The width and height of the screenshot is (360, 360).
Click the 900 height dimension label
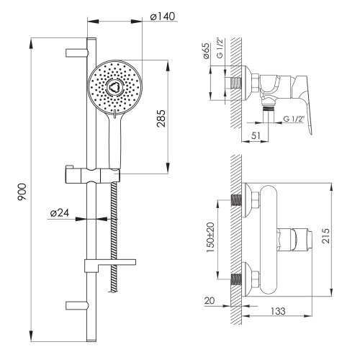click(22, 192)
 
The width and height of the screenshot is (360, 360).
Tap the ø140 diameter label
click(163, 17)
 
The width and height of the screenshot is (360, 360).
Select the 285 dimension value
click(161, 118)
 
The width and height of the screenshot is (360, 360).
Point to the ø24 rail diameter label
click(60, 213)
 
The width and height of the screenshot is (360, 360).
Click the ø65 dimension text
click(207, 50)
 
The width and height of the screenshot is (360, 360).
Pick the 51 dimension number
click(256, 135)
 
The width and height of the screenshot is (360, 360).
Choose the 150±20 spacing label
click(210, 237)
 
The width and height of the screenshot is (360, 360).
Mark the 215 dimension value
click(326, 236)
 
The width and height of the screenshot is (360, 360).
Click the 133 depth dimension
click(278, 311)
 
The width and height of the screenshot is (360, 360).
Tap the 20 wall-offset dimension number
click(210, 300)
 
